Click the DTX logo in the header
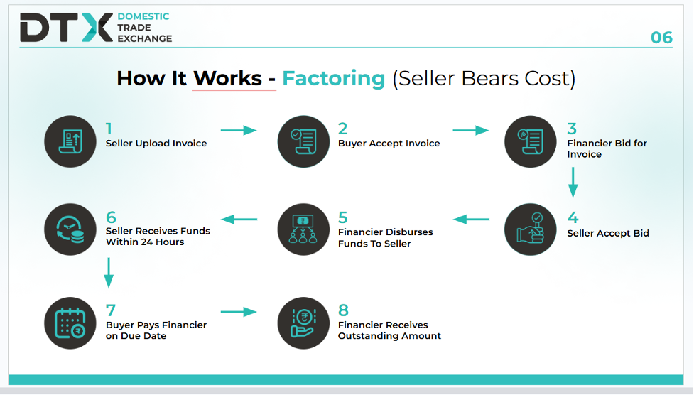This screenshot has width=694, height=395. (x=66, y=28)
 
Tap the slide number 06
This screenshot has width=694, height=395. (x=661, y=38)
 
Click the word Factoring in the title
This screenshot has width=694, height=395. (x=334, y=79)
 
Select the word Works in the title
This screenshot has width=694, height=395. (x=227, y=78)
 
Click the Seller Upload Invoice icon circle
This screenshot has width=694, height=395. (x=70, y=141)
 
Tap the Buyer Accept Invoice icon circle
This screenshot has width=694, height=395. (x=303, y=141)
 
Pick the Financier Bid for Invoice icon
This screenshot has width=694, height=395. (x=530, y=141)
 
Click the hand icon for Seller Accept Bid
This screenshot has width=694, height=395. (x=530, y=229)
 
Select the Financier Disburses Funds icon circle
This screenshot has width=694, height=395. (x=303, y=229)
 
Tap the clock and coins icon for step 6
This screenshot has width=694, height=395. (x=70, y=229)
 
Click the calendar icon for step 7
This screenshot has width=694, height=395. (x=70, y=323)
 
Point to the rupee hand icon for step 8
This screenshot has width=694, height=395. (x=303, y=323)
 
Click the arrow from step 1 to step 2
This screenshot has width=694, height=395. (x=239, y=130)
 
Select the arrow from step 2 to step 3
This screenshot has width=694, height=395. (x=470, y=130)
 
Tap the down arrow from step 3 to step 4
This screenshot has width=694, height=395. (x=573, y=183)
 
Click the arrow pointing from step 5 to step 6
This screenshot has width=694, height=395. (x=239, y=220)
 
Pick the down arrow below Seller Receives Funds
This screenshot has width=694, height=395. (x=109, y=273)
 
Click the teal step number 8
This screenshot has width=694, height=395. (x=343, y=310)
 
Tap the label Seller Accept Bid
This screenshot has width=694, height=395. (x=607, y=233)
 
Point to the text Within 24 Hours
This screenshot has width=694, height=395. (x=145, y=242)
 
